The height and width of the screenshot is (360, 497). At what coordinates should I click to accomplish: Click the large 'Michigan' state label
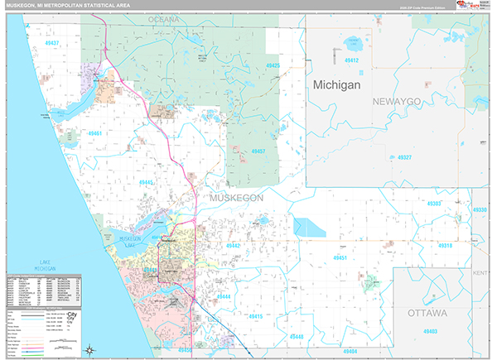[337, 85]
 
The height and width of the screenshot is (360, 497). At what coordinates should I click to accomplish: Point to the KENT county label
[481, 272]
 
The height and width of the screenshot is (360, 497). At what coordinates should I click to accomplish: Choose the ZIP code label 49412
[352, 60]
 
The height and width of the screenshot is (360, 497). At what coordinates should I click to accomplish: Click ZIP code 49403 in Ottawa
[430, 331]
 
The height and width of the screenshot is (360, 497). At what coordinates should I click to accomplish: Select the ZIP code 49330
[480, 210]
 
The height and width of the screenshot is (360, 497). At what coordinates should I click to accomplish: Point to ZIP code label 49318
[446, 246]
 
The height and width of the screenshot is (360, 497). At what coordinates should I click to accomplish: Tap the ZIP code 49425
[273, 66]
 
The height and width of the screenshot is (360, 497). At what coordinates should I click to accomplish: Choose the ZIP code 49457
[259, 151]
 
